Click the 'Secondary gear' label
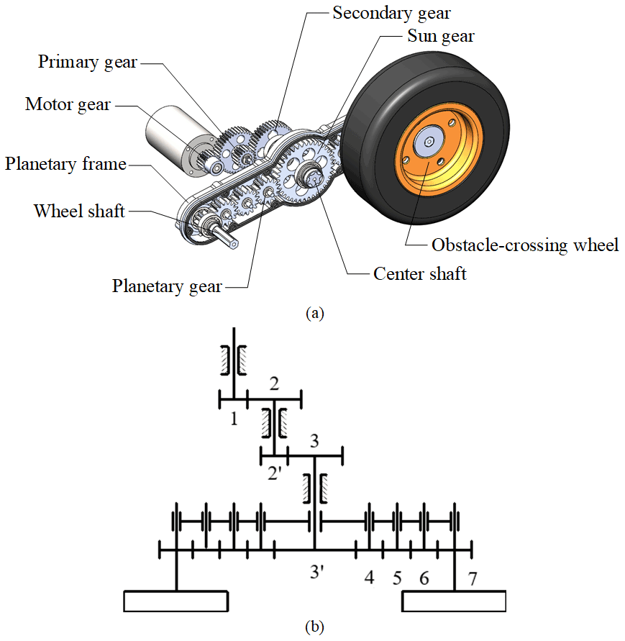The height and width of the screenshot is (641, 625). (391, 13)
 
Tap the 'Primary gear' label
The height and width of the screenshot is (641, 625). (87, 62)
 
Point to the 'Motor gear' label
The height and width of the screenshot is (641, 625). (68, 104)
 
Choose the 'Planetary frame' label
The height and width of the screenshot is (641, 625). (65, 165)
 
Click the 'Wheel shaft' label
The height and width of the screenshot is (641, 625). (79, 212)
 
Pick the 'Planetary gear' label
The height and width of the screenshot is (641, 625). (167, 286)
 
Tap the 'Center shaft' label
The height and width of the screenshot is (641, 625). (420, 273)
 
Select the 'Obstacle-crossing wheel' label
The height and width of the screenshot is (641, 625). (525, 245)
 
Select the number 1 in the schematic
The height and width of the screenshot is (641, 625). (234, 418)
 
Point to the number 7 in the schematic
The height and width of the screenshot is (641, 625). (472, 577)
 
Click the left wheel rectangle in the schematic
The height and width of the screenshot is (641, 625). (175, 600)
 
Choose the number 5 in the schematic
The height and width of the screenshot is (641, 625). (396, 577)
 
